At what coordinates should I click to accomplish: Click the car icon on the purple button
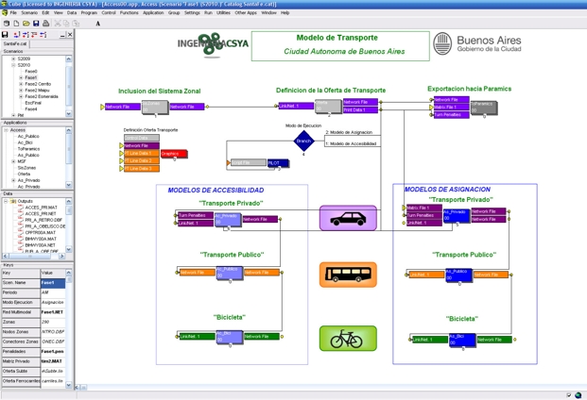point(348,219)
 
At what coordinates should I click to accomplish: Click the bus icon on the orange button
point(348,275)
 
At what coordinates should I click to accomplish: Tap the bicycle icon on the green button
point(348,338)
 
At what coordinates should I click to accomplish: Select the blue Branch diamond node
point(303,142)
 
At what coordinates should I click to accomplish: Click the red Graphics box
point(172,154)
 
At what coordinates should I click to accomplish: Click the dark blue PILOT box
point(275,163)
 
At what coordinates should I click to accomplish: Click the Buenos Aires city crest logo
point(441,44)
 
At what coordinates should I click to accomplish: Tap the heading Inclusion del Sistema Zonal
point(160,92)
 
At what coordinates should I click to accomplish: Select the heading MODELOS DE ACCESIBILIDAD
point(216,190)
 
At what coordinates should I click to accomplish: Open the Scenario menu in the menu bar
point(30,13)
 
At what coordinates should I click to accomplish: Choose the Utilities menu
point(223,13)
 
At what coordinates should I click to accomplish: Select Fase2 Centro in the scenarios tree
point(38,83)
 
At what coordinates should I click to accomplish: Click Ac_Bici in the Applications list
point(26,142)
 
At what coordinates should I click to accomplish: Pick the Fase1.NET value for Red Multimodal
point(53,311)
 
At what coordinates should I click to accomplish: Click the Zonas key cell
point(19,322)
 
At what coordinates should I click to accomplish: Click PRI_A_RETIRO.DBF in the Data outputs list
point(45,220)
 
